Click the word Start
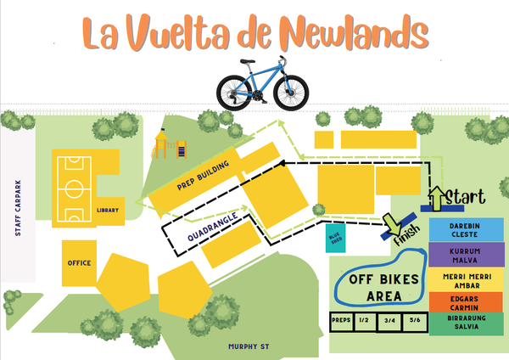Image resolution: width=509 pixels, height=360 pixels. point(465,197)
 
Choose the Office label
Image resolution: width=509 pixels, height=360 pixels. point(79,263)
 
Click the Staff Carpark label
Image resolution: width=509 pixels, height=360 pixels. point(16,208)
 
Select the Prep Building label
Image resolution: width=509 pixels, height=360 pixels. point(197,175)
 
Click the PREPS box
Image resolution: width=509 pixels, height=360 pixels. point(342,320)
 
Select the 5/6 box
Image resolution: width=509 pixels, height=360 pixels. point(414,320)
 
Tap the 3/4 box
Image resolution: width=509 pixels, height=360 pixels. point(389,320)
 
